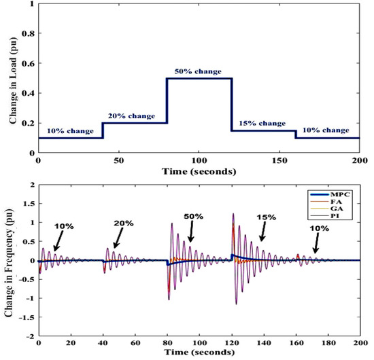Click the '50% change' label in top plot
[x=201, y=71]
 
